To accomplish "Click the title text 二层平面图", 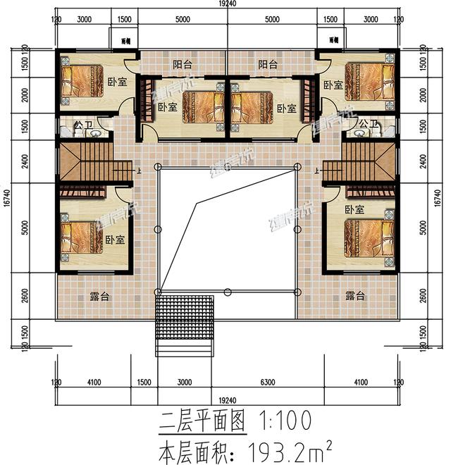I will click(x=201, y=421).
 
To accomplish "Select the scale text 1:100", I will click(x=280, y=421).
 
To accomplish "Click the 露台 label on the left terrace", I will click(x=99, y=297).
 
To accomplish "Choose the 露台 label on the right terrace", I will click(x=354, y=297).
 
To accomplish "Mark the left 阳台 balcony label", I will click(x=183, y=65).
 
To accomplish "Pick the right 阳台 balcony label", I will click(x=268, y=65).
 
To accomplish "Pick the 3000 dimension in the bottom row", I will click(x=184, y=383).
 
